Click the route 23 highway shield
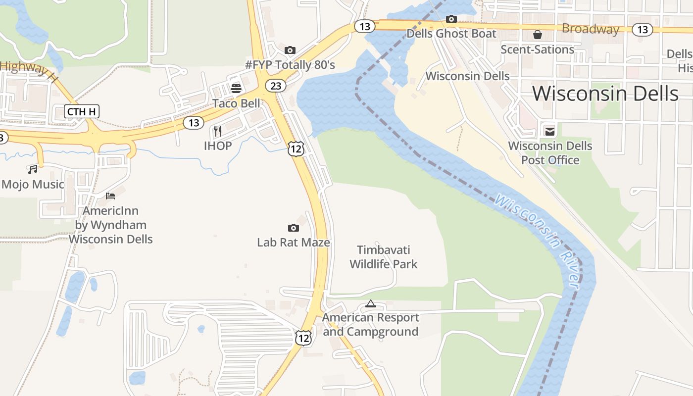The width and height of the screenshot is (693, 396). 276,86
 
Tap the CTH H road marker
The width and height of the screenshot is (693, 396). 82,111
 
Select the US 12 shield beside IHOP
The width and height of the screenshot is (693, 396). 296,148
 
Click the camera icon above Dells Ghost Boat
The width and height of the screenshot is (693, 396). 451,19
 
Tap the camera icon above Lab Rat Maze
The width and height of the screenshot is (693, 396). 294,228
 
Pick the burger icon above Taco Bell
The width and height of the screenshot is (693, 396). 236,89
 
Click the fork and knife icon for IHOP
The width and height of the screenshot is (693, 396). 217,131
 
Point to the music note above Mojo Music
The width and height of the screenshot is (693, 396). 33,170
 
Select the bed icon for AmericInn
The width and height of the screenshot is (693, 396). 110,196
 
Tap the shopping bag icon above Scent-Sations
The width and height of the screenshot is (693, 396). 537,35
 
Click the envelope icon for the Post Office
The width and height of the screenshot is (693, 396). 550,131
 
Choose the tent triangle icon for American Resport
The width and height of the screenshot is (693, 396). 371,303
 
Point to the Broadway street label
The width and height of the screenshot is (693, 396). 591,29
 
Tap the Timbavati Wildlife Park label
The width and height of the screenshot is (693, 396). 384,257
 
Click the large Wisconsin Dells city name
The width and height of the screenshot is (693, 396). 605,93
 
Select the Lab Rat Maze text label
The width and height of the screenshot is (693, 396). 294,243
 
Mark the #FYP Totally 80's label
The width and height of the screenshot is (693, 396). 290,65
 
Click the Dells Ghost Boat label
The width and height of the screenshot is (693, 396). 451,34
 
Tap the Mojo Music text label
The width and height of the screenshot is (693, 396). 33,185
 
